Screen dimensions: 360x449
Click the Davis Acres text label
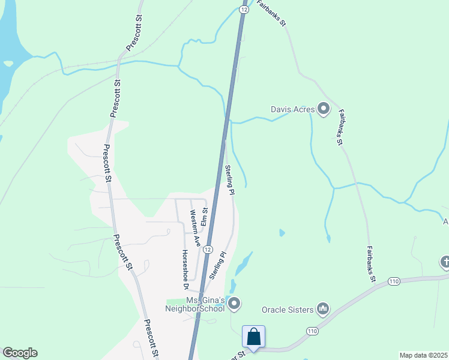pos(292,110)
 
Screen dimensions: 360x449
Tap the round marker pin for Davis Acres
pos(324,109)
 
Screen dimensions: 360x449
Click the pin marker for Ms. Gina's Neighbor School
pos(234,304)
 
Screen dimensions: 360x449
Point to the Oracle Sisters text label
pos(288,310)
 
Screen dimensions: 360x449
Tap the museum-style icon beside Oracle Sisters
pos(323,309)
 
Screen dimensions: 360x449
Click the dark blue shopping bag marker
pos(254,337)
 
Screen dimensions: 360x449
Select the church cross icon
pos(445,262)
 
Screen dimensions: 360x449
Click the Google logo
pos(20,353)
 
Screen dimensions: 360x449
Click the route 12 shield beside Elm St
pos(207,249)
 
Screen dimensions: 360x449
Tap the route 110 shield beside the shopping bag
pos(312,331)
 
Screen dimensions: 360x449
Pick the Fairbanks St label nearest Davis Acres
pos(340,127)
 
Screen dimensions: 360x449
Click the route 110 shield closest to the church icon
pos(394,281)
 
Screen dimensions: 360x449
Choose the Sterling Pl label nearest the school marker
pos(218,265)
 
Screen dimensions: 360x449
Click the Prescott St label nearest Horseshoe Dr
pos(124,252)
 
